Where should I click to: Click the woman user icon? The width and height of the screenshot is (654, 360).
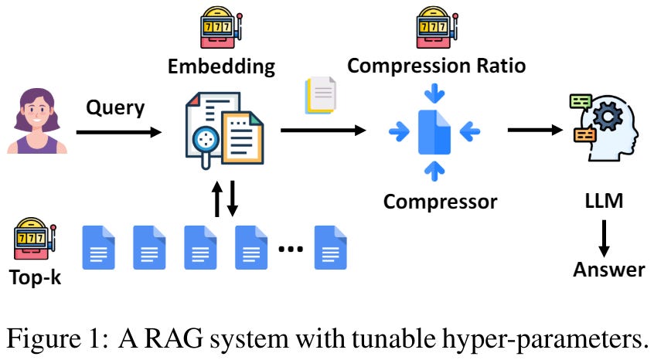coord(36,122)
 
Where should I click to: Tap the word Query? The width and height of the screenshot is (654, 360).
coord(115,107)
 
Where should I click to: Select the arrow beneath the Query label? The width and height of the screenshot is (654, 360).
coord(118,132)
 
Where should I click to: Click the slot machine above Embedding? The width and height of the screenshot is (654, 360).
coord(220,29)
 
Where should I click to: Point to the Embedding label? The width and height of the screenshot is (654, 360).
coord(221,66)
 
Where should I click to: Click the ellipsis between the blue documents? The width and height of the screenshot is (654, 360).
coord(291,248)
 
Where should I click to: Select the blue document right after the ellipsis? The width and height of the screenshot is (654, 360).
coord(330,247)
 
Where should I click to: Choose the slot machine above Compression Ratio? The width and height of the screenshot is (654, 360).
coord(436,29)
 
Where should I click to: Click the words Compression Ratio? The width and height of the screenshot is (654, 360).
coord(437,66)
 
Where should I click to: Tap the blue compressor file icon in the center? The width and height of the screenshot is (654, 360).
coord(435,132)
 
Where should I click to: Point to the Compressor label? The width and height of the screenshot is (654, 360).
coord(441,202)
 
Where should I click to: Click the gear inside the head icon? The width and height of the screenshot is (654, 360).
coord(608,117)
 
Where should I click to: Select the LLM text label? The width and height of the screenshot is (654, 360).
coord(605,202)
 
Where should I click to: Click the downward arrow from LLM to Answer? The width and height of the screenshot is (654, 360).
coord(605,237)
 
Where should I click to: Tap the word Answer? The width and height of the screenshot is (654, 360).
coord(608,269)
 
